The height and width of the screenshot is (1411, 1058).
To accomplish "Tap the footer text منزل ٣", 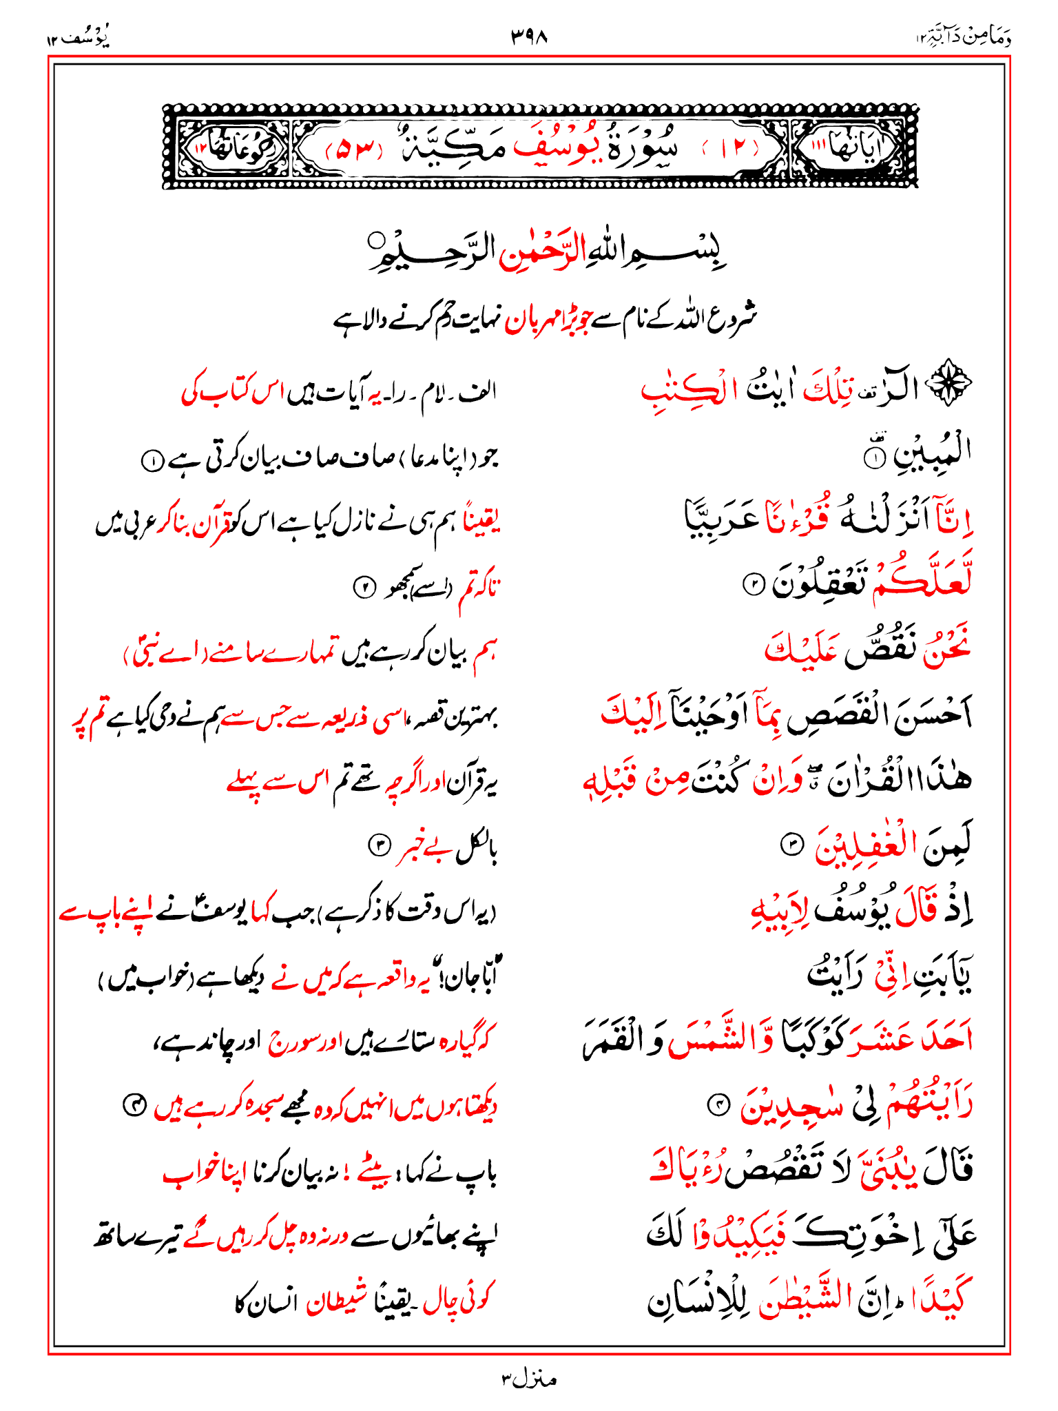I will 528,1379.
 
